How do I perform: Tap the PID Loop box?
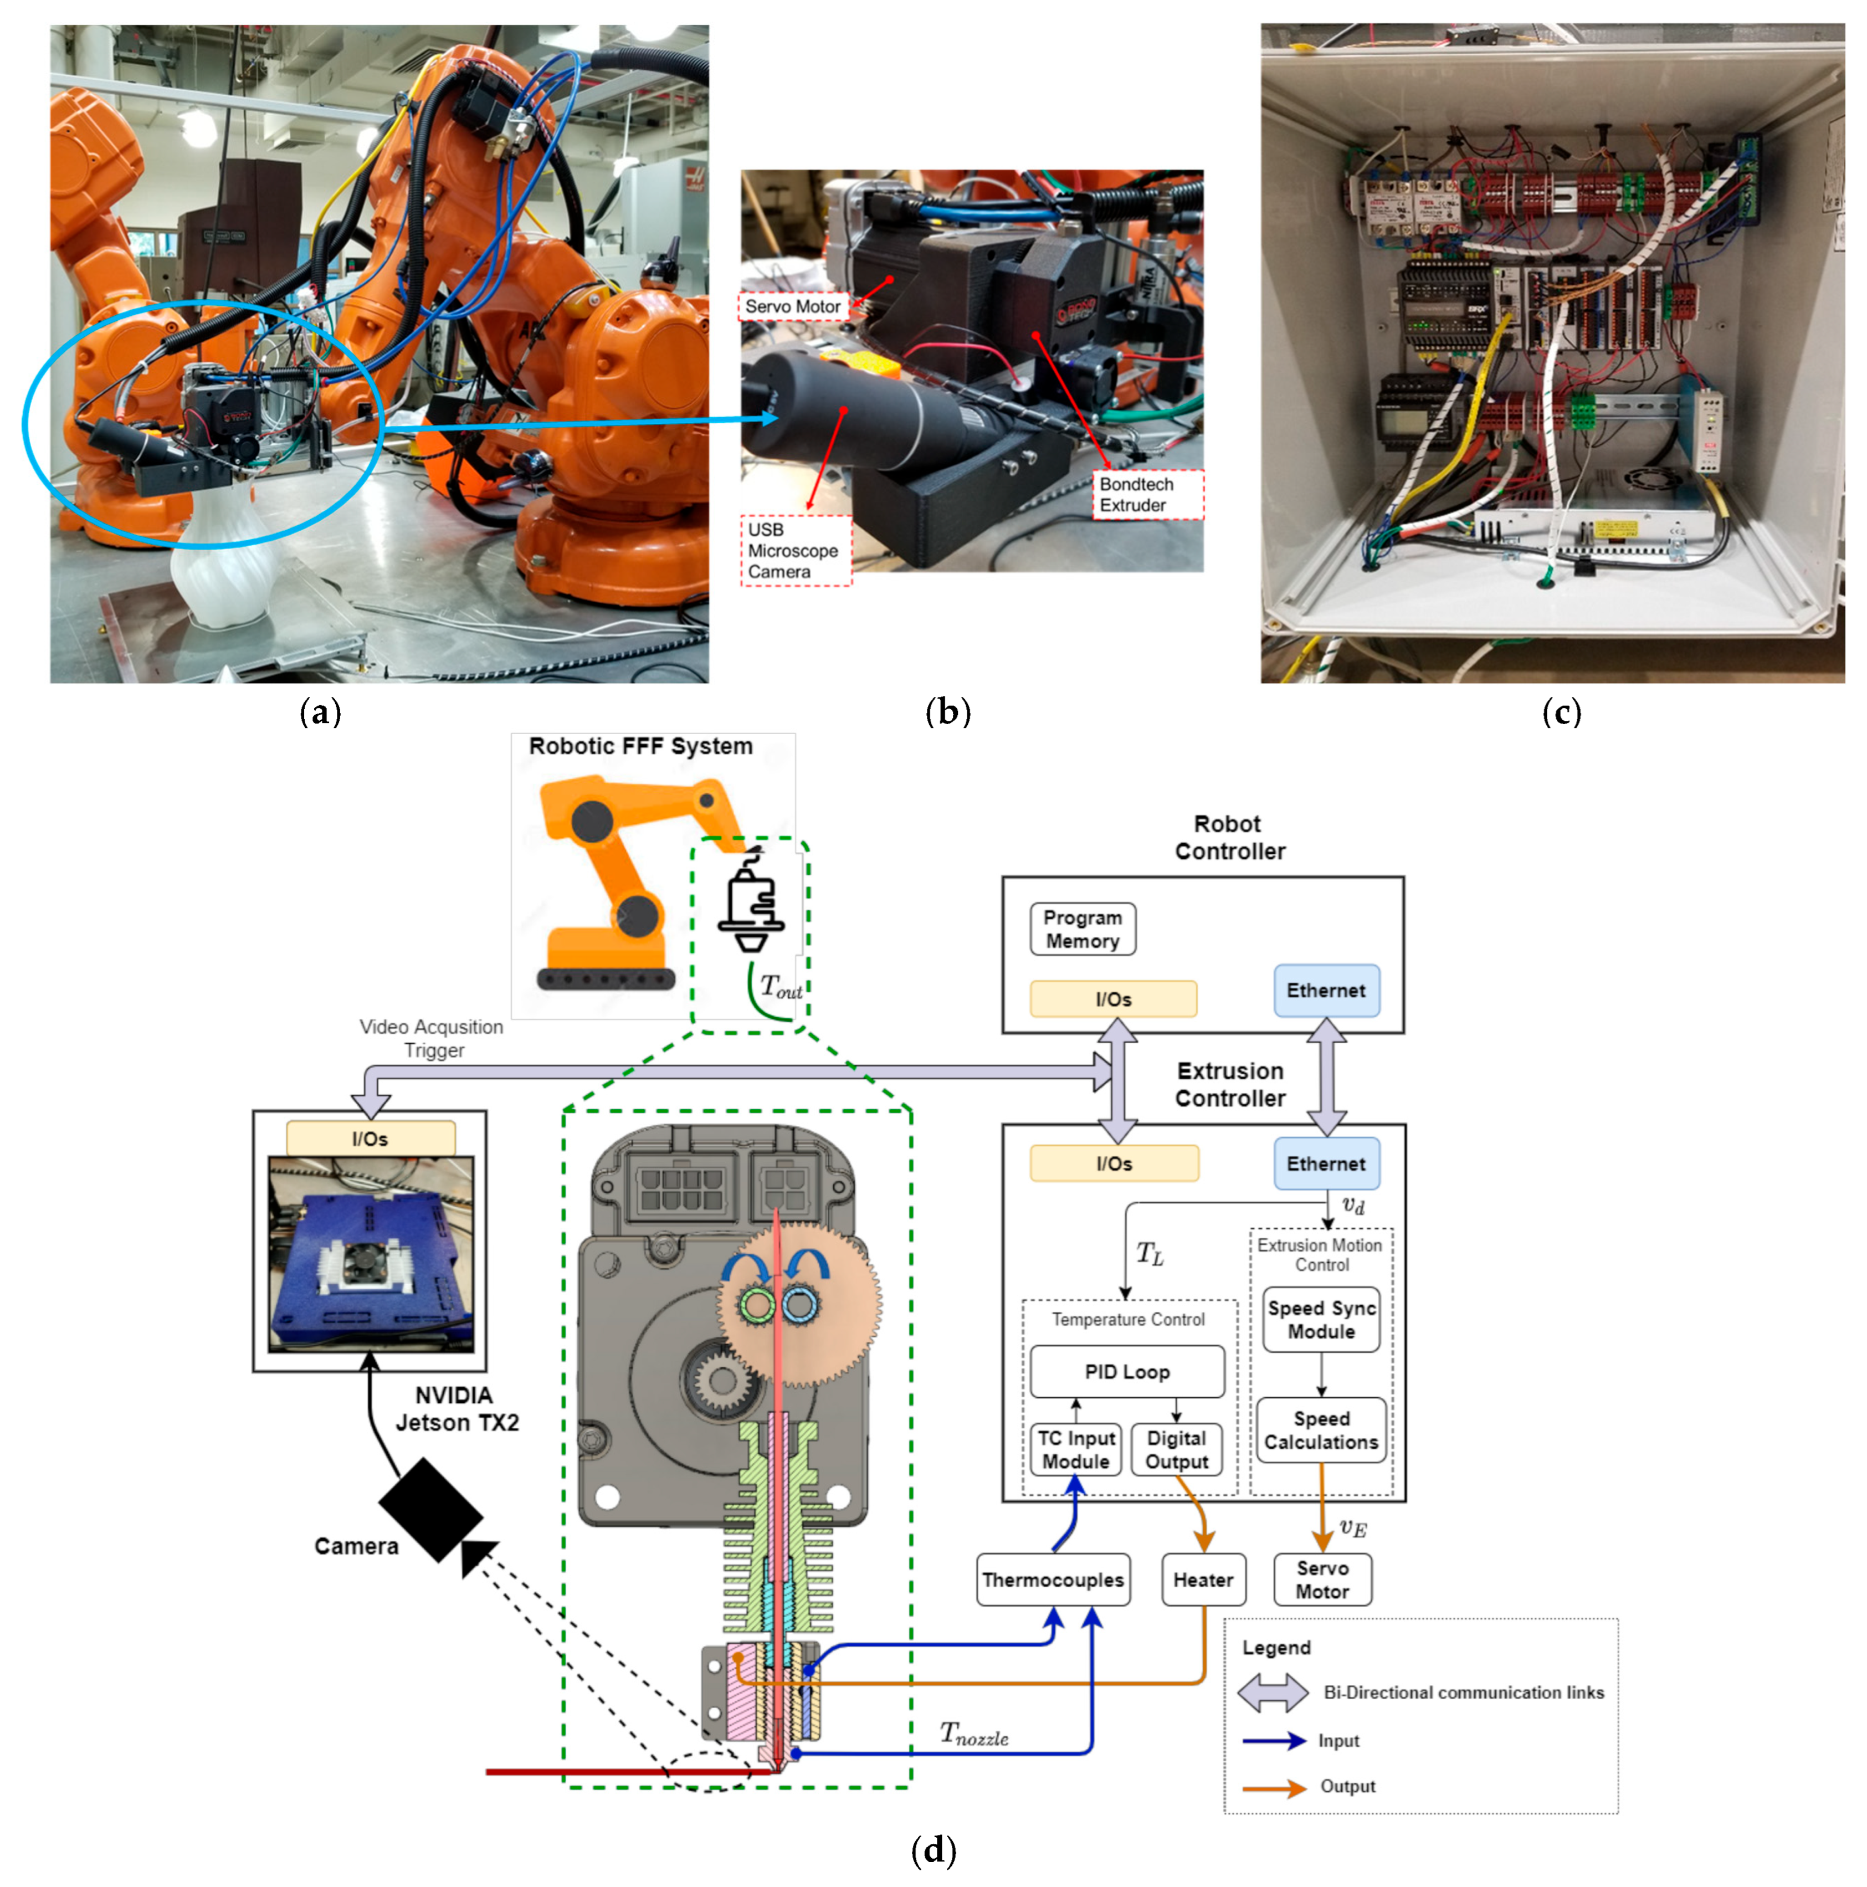(1127, 1371)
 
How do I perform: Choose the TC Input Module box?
(1075, 1449)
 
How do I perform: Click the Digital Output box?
(1177, 1449)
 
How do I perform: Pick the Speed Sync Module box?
(1321, 1320)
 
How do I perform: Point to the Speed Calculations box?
(1321, 1430)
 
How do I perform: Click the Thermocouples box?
(1053, 1580)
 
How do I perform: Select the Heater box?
(1203, 1580)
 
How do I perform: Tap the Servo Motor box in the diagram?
(1322, 1580)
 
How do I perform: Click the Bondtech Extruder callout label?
(1147, 494)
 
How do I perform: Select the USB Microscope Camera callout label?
(796, 551)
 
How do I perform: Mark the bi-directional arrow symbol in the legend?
(1273, 1693)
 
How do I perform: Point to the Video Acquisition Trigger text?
(432, 1038)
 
